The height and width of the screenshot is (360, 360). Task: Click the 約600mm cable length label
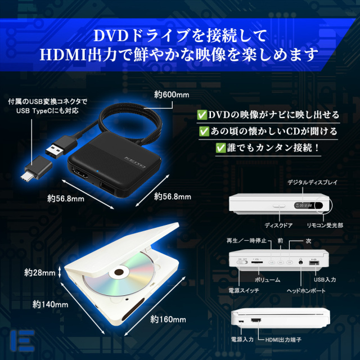172,94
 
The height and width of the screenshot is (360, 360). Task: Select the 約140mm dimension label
50,305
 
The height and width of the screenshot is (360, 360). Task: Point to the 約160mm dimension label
168,319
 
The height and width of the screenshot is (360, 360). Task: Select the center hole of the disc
118,274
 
